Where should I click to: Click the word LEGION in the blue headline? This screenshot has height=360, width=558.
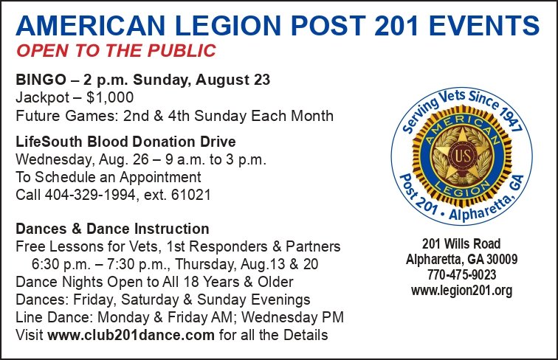point(227,25)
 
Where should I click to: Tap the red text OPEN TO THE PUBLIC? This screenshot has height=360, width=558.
point(116,50)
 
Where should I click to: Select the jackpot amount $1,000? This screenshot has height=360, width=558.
point(110,97)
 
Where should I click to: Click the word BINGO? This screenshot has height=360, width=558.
point(41,80)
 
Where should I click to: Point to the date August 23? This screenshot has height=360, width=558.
point(232,80)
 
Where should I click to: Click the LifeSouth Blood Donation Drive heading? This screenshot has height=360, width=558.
point(125,142)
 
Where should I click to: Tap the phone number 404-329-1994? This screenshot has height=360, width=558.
point(90,195)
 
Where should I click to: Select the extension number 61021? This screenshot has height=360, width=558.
point(191,195)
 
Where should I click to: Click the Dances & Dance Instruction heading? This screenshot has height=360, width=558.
point(112,229)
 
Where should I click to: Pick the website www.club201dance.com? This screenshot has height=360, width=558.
point(131,335)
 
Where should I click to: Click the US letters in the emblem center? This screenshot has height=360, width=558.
point(463,156)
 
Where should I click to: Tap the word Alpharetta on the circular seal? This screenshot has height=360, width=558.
point(479,210)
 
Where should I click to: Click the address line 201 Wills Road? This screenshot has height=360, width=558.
point(461,244)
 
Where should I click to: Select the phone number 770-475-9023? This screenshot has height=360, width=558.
point(461,275)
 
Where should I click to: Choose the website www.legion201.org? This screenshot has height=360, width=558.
point(461,291)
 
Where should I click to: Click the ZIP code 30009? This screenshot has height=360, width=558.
point(502,260)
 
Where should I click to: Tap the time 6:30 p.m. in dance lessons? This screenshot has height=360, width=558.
point(61,264)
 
